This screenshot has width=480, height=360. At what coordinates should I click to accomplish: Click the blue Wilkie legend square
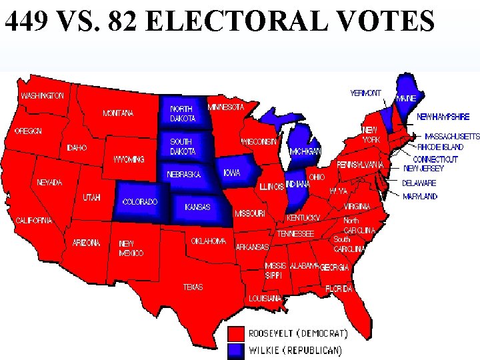click(x=236, y=349)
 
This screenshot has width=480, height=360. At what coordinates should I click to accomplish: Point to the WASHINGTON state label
click(x=43, y=96)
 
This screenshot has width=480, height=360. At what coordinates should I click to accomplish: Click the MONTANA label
click(x=118, y=113)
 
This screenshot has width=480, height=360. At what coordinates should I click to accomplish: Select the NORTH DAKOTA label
click(x=183, y=113)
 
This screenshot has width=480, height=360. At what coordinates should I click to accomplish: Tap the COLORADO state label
click(x=141, y=201)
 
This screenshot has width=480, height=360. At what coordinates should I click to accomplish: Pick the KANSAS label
click(x=197, y=207)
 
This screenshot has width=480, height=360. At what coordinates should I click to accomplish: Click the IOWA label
click(x=232, y=173)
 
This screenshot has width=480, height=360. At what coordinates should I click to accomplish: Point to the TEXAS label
click(x=193, y=287)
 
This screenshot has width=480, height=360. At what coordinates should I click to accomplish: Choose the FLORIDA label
click(x=339, y=289)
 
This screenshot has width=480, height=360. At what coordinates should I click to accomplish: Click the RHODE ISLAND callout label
click(x=441, y=146)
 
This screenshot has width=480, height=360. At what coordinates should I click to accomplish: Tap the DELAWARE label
click(x=420, y=183)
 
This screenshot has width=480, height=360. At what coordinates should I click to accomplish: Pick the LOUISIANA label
click(x=265, y=299)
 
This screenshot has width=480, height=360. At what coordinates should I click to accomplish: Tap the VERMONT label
click(x=366, y=93)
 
